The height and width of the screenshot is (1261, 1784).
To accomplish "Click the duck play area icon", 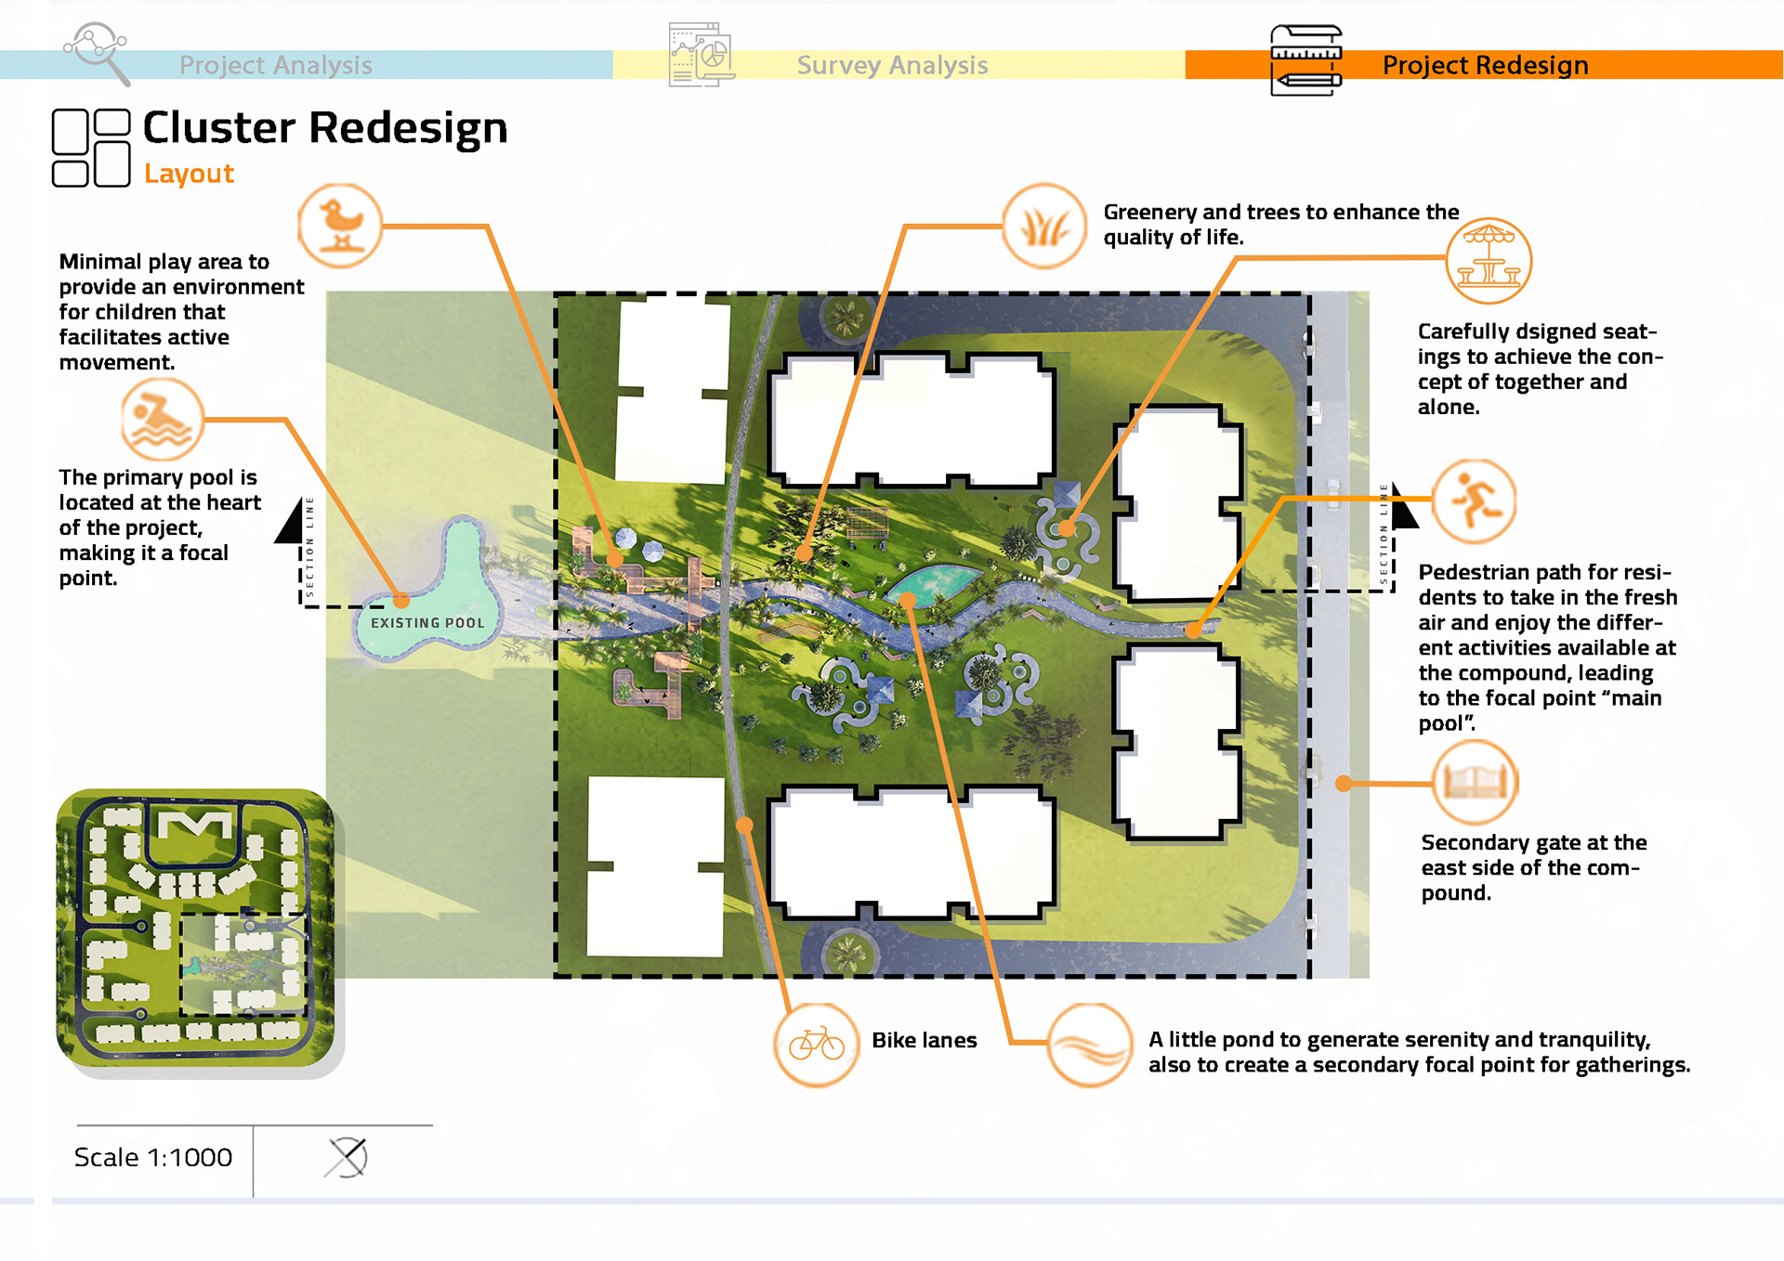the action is click(340, 226).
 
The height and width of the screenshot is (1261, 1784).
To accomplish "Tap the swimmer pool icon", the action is click(162, 420).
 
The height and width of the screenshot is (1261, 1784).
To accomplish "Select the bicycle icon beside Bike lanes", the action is click(816, 1045).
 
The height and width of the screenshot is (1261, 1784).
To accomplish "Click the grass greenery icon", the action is click(1044, 227).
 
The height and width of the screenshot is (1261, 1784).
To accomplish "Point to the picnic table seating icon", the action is click(1489, 261).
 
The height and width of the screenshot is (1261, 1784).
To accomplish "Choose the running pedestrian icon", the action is click(1474, 501).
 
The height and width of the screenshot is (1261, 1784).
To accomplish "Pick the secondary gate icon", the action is click(1475, 783).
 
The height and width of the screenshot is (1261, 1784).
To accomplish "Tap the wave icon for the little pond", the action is click(1089, 1045).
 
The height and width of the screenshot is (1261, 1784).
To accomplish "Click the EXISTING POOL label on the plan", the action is click(427, 623).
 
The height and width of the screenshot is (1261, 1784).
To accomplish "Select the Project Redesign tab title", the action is click(1485, 65).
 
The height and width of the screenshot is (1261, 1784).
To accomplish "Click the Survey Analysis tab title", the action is click(892, 65).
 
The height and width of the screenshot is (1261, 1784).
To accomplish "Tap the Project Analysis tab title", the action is click(275, 65).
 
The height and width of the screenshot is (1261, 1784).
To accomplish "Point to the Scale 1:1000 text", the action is click(153, 1157).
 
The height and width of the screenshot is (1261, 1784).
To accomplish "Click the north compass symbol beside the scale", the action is click(348, 1158).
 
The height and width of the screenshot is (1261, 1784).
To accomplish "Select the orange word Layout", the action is click(189, 174).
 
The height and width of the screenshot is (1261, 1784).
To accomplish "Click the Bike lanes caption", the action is click(924, 1040).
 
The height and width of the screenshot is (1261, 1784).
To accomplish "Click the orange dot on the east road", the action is click(1343, 784).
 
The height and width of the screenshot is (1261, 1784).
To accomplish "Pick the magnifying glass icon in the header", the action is click(97, 52).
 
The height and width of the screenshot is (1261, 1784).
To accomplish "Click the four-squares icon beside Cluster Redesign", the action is click(91, 148).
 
